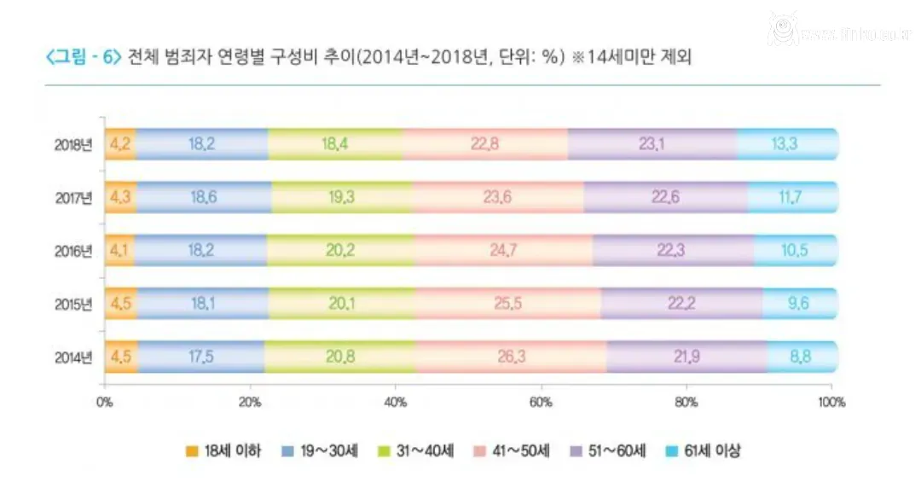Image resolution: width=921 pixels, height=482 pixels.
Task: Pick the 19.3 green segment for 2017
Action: point(341,197)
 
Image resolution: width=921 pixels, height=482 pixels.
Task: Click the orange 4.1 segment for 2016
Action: point(119,251)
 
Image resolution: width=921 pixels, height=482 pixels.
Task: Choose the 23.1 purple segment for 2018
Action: point(652,144)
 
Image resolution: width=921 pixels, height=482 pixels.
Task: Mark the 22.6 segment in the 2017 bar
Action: point(667,197)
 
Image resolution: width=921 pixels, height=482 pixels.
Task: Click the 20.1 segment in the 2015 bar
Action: point(341,304)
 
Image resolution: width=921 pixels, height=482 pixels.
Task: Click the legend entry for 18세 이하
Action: point(223,451)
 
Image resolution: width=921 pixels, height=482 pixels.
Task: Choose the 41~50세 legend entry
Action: point(511,451)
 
